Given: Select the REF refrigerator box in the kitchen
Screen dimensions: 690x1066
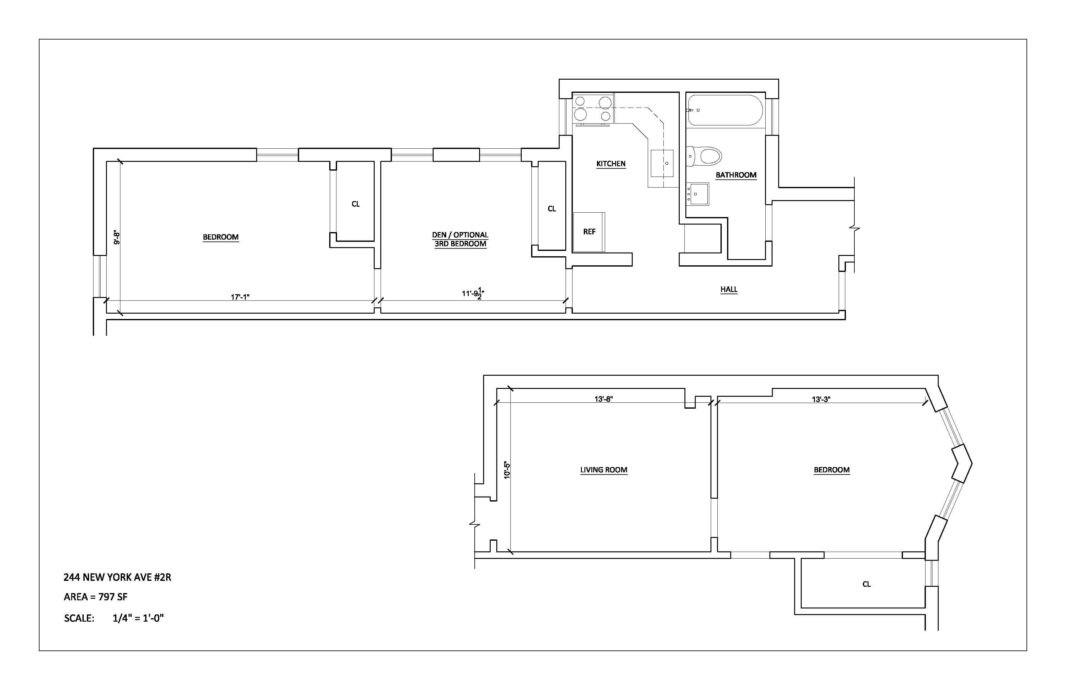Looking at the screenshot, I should [589, 232].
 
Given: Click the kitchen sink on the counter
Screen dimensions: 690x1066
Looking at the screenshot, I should [662, 163].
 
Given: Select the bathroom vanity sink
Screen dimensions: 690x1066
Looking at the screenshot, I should [697, 194].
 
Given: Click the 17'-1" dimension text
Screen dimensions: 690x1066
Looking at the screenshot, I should [240, 297].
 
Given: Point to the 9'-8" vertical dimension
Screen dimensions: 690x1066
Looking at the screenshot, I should [116, 237].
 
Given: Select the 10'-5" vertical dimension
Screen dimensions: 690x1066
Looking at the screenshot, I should [507, 470].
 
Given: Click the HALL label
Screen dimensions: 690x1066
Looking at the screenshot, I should [729, 289].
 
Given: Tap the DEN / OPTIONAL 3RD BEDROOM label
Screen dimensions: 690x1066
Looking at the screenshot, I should [460, 239].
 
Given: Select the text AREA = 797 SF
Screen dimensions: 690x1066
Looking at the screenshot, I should [95, 597].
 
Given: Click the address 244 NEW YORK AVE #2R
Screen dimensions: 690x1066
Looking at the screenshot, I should [117, 577].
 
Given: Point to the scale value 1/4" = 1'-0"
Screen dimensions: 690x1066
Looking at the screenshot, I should [138, 618].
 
